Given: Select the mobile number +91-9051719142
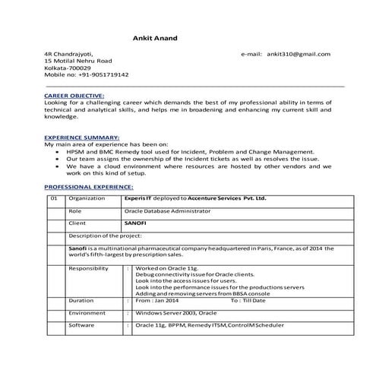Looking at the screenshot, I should coord(86,75).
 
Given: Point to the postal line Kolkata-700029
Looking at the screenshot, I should coord(68,68).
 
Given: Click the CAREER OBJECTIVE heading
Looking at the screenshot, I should coord(74,96).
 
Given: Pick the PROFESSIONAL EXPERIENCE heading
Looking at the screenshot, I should coord(89,186).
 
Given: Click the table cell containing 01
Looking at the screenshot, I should coord(53,198).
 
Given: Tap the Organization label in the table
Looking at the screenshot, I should coord(87,198).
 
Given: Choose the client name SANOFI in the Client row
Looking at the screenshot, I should coord(134,224).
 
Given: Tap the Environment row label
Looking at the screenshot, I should coord(87,313).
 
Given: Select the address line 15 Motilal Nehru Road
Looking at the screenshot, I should coord(78,62).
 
